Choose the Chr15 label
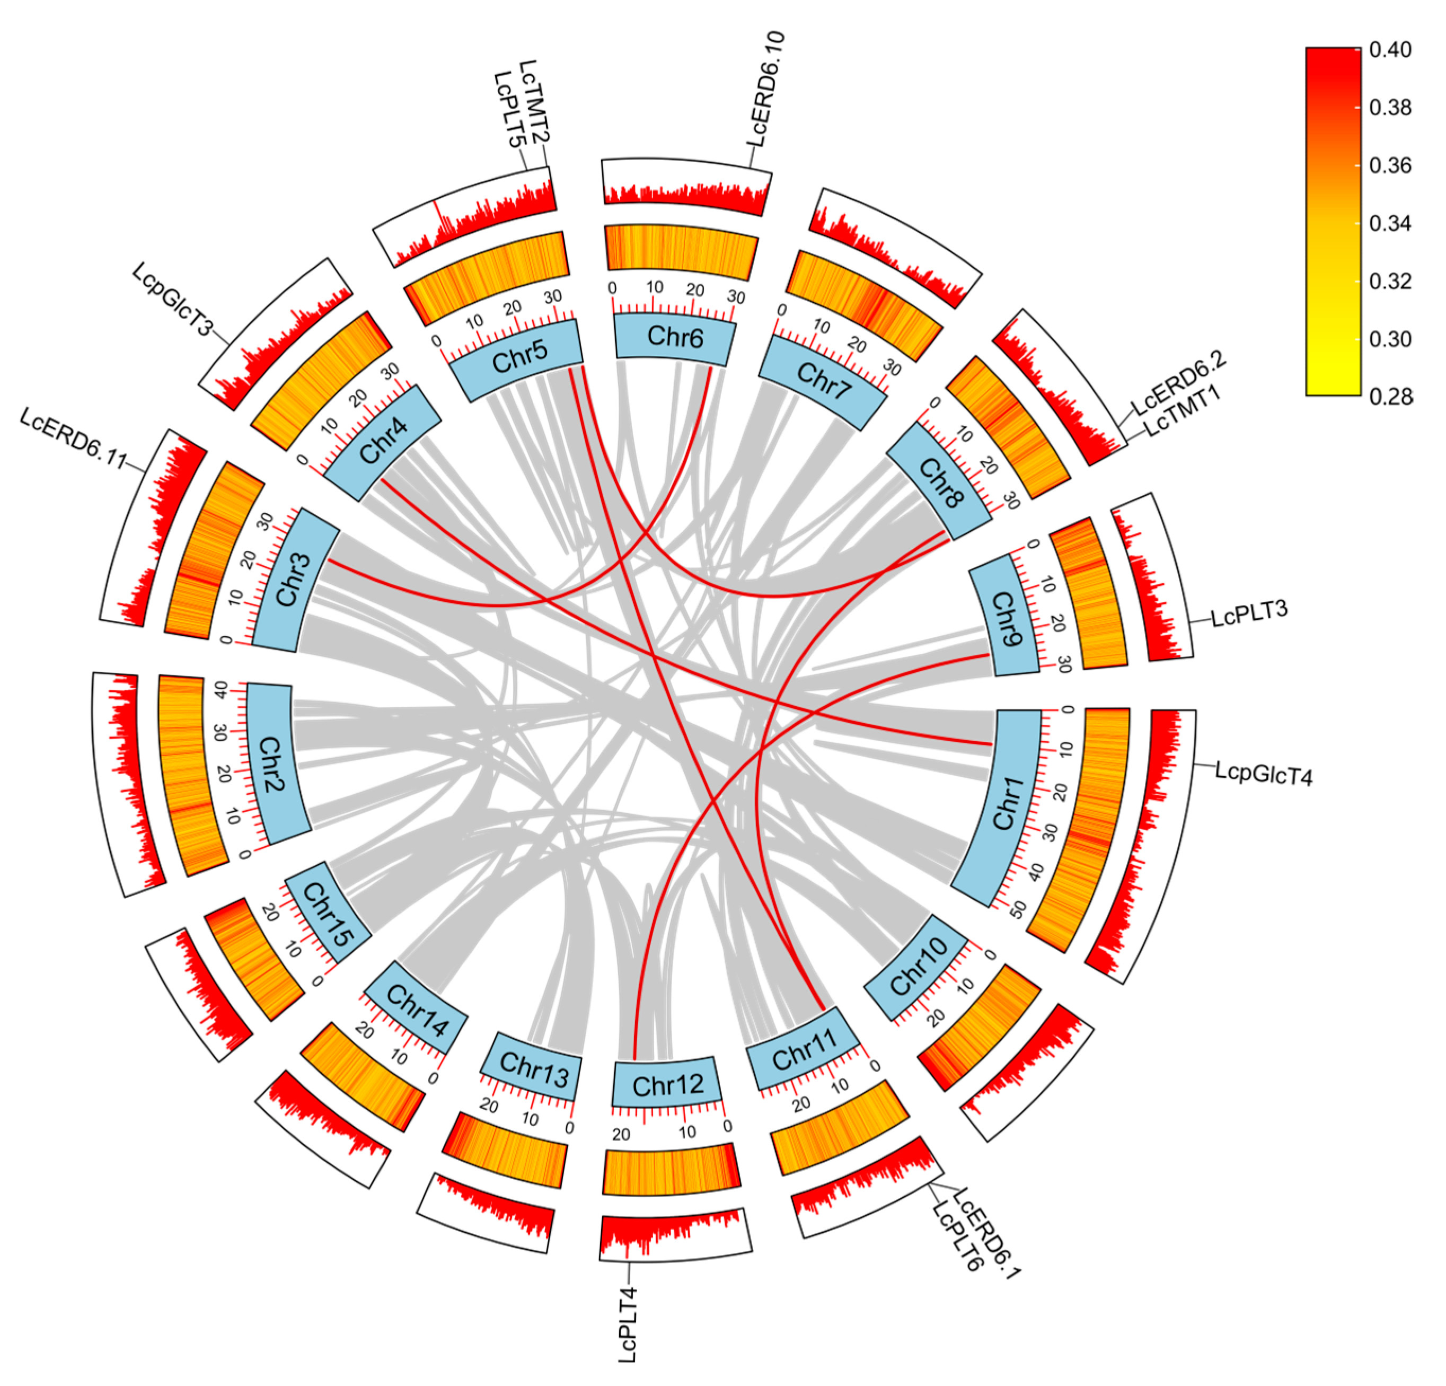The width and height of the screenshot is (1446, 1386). pos(328,914)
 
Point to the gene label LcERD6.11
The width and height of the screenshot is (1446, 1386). pos(73,437)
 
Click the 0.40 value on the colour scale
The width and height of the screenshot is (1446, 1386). pos(1390,49)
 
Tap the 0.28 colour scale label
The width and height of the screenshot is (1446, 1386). pos(1390,397)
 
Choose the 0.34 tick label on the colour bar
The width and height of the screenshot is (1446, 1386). pos(1390,223)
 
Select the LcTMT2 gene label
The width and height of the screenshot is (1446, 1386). pos(535,101)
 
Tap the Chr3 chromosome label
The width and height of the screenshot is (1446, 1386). pos(294,580)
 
